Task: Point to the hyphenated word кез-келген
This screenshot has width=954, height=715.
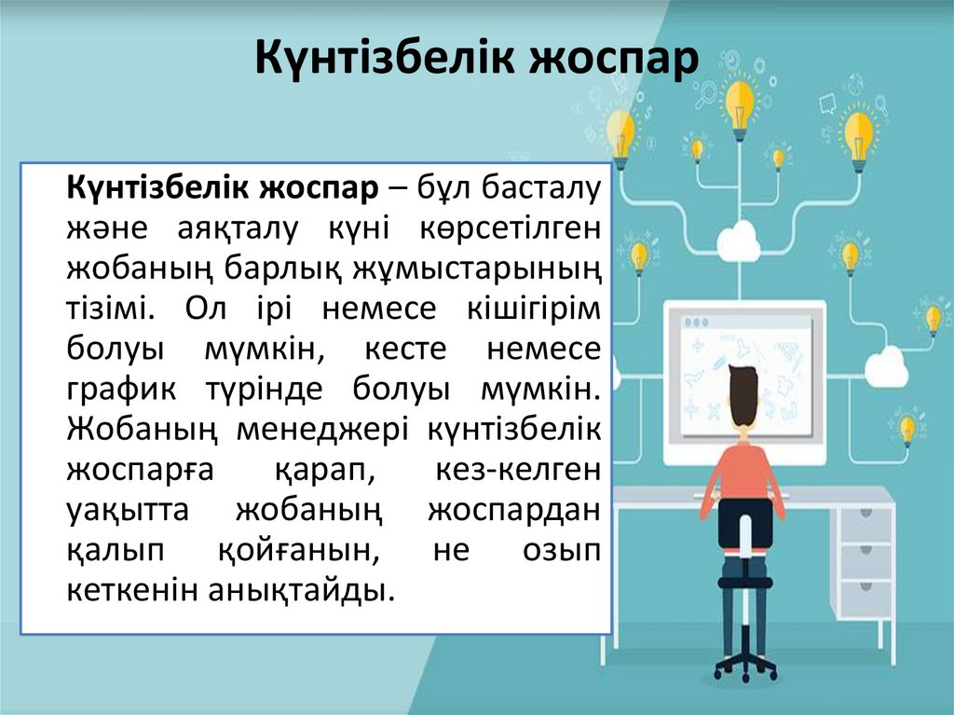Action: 518,470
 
